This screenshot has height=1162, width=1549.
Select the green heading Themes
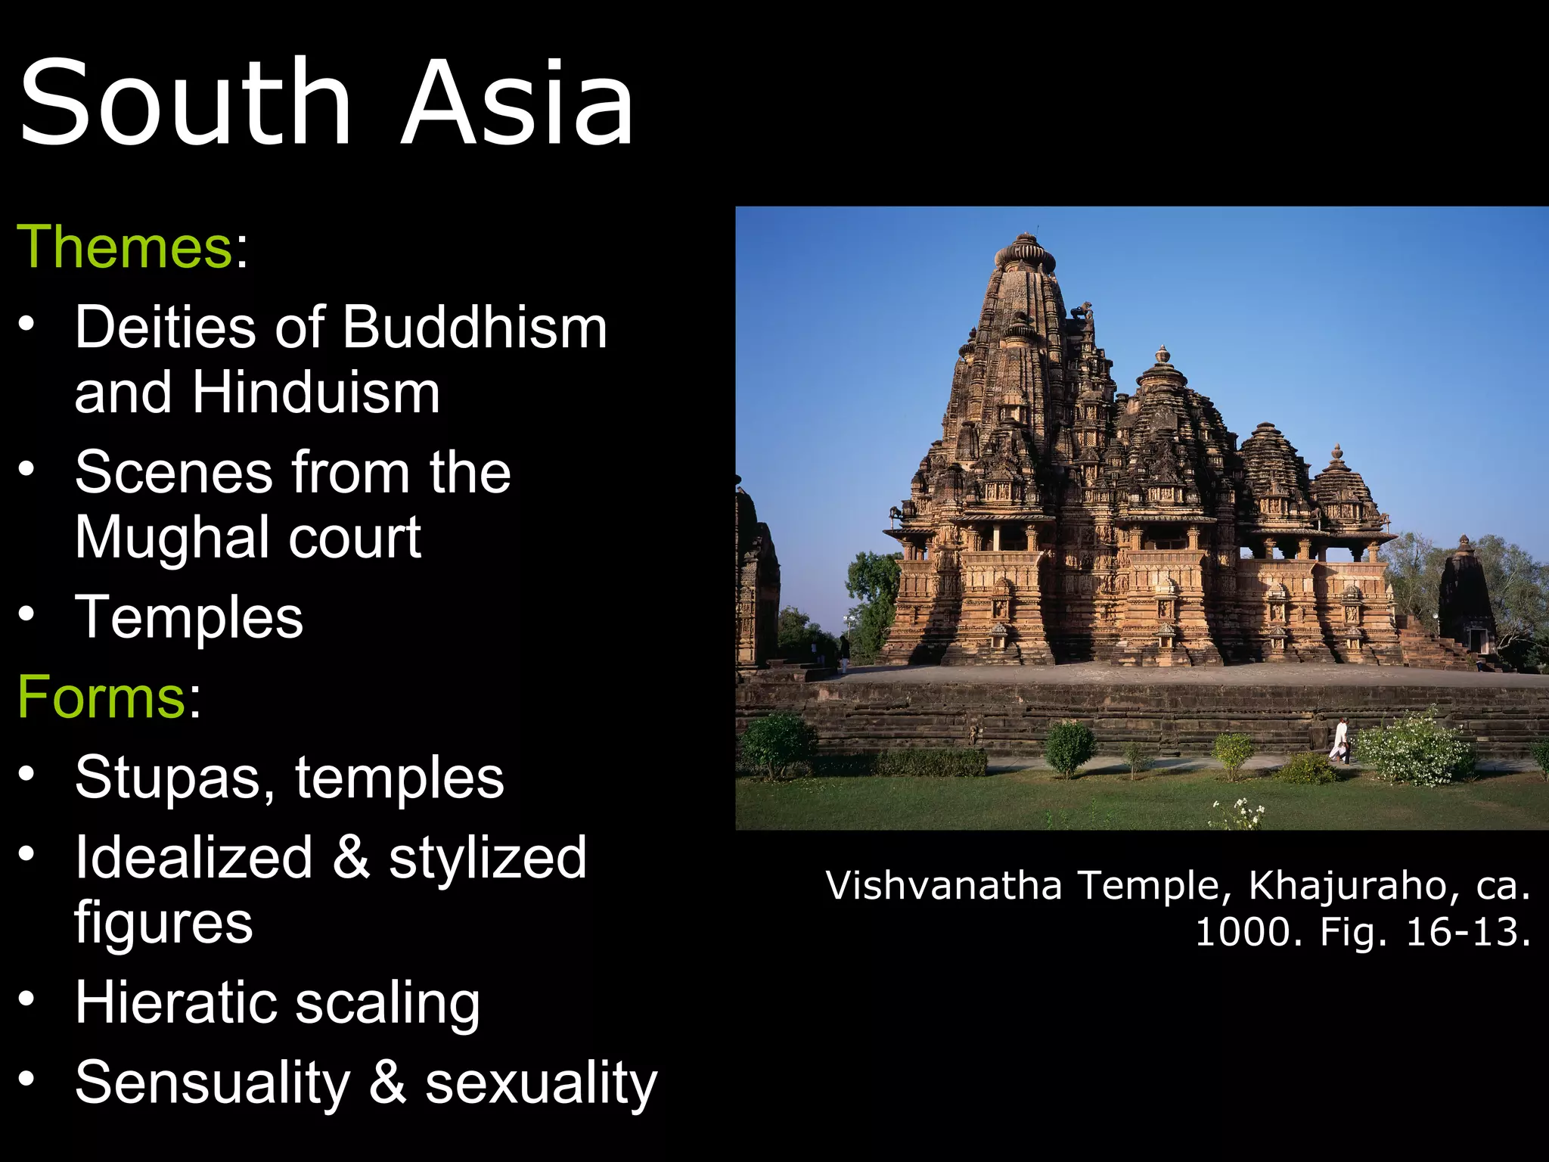(125, 247)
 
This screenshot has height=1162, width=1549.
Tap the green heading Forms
(101, 696)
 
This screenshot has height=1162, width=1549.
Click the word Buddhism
(475, 328)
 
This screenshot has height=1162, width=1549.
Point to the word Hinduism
(315, 393)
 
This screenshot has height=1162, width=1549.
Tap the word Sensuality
(213, 1083)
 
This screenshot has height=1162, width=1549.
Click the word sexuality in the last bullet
(541, 1083)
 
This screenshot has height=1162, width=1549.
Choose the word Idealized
(194, 857)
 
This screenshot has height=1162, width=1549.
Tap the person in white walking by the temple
(1339, 740)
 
